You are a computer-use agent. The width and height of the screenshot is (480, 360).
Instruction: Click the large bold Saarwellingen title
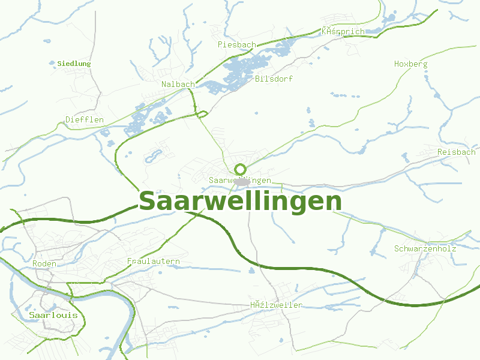click(x=240, y=202)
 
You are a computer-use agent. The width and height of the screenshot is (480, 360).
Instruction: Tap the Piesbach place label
click(x=237, y=45)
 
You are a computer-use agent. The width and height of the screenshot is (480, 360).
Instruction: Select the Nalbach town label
click(x=178, y=85)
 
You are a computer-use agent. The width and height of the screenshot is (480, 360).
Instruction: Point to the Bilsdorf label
click(x=274, y=79)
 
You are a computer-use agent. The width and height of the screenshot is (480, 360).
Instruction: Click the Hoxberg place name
click(x=411, y=64)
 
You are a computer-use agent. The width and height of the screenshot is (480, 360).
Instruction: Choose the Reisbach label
click(x=456, y=152)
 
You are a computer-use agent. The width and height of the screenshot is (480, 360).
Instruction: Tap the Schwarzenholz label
click(x=425, y=248)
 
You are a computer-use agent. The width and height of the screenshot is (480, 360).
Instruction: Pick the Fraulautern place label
click(x=154, y=262)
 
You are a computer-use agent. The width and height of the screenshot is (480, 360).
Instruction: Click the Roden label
click(x=44, y=263)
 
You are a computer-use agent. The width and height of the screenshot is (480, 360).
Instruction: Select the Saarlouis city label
click(x=53, y=315)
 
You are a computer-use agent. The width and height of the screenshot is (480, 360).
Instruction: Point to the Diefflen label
click(x=85, y=119)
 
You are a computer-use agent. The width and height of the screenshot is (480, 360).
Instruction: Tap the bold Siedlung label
click(x=74, y=64)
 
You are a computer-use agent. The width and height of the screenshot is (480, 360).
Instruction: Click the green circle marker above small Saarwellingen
click(x=241, y=169)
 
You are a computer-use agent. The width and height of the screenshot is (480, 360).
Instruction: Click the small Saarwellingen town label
click(x=240, y=181)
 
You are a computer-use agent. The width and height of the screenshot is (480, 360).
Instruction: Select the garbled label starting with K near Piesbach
click(x=343, y=31)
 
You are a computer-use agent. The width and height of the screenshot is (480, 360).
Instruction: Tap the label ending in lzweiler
click(x=276, y=305)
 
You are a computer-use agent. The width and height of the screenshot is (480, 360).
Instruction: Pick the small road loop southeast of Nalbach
click(x=202, y=113)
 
